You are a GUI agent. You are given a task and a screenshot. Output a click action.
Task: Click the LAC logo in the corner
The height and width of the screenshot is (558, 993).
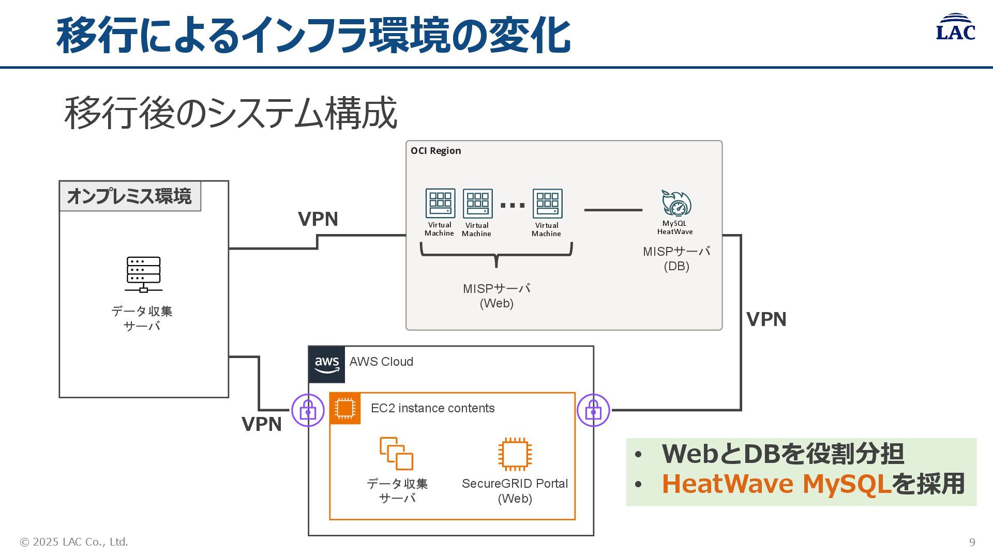(955, 27)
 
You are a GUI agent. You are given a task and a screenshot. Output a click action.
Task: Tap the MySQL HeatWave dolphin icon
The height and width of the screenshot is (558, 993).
(676, 203)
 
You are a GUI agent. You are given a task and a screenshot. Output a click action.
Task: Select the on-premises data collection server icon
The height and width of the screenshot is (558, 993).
(143, 274)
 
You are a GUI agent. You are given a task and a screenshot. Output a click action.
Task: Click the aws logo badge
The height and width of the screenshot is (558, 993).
(327, 364)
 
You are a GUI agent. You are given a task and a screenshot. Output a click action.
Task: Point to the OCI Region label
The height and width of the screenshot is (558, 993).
(435, 151)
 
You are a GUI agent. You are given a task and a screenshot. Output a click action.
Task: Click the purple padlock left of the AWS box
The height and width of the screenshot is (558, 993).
(308, 410)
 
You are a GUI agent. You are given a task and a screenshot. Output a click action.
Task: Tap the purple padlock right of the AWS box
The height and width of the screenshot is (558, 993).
(593, 410)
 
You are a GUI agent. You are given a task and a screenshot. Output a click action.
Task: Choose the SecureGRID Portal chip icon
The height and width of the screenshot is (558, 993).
(515, 455)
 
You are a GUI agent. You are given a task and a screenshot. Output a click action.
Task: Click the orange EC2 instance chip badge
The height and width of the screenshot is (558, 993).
(345, 408)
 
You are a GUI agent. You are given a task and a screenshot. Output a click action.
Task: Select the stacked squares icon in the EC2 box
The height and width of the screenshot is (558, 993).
(396, 454)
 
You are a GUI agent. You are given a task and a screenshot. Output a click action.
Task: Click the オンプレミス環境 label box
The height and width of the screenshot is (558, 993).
(130, 196)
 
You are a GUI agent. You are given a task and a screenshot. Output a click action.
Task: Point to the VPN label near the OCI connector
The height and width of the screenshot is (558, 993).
(318, 219)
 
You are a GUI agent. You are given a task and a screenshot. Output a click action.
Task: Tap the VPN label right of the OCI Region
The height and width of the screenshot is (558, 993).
(766, 319)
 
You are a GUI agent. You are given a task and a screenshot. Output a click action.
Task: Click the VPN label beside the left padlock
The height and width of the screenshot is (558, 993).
(262, 424)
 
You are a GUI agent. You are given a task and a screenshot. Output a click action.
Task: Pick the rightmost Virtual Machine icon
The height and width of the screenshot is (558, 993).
(547, 204)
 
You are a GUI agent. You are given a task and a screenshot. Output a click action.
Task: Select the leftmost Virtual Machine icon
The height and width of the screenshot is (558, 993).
(440, 204)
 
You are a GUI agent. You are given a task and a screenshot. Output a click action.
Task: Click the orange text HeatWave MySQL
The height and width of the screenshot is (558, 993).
(776, 484)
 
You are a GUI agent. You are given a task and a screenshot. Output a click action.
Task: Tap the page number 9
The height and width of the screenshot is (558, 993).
(972, 542)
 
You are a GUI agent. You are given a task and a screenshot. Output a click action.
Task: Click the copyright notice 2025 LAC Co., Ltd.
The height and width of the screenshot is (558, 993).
(74, 542)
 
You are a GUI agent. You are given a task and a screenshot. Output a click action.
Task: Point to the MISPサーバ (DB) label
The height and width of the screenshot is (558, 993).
(676, 259)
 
